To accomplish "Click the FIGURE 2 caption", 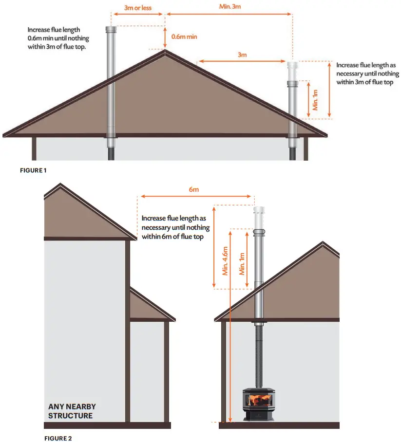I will coord(58,438).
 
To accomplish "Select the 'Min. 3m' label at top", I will coord(229,6).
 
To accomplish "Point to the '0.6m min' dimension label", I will coord(184,37).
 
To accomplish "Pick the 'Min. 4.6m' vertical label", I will coord(225,261).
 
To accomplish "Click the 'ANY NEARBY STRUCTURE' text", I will coord(72,411).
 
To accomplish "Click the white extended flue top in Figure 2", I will coord(259,217).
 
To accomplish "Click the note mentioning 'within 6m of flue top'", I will coord(175,227).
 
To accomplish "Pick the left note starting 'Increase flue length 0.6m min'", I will coord(57,38).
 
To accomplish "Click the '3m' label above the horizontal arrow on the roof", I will coord(242,55).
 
